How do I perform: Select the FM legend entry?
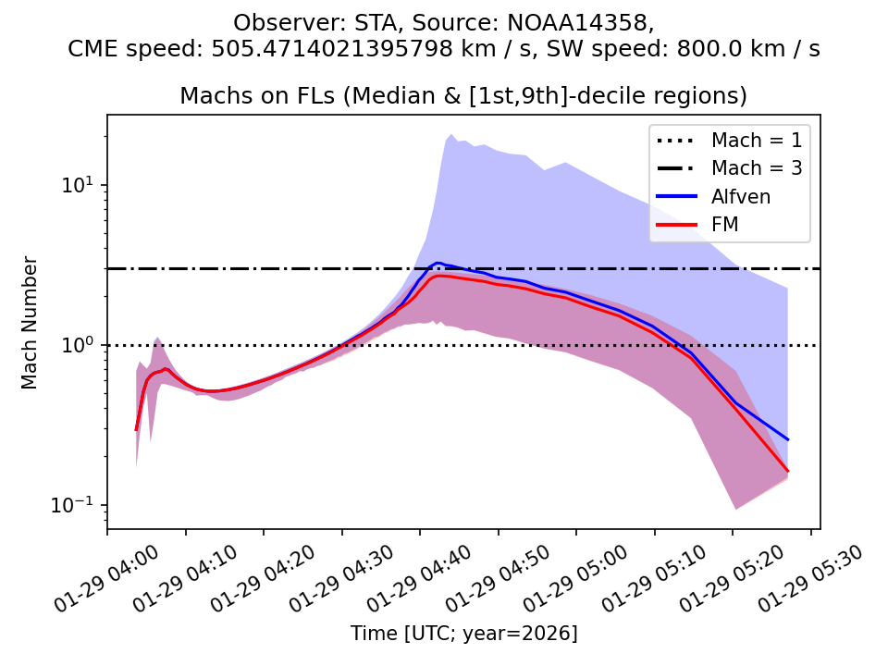coord(726,224)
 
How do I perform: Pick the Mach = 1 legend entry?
coord(756,141)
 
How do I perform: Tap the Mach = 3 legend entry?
coord(756,168)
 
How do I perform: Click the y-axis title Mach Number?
coord(31,322)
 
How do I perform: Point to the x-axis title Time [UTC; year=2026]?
coord(463,634)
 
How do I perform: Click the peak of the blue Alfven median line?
coord(438,263)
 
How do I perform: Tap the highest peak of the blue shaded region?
coord(451,134)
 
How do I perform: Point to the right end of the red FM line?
coord(787,471)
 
